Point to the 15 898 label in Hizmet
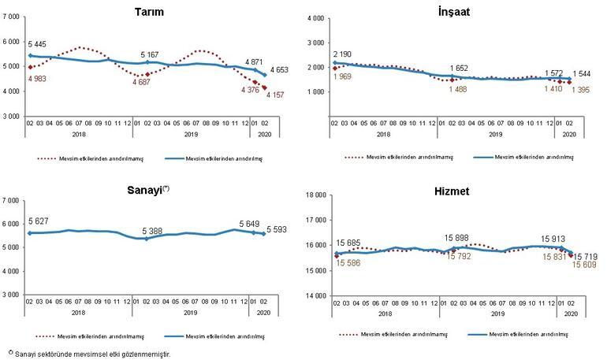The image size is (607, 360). (x=458, y=238)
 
